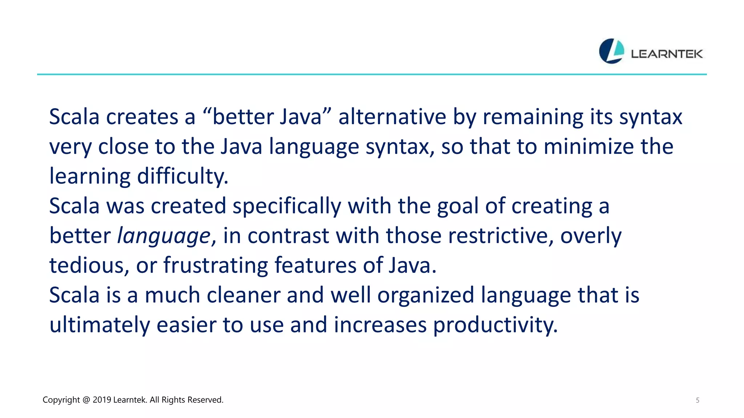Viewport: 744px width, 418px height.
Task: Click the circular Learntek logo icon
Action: coord(611,51)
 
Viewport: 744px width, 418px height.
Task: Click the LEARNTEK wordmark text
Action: coord(667,54)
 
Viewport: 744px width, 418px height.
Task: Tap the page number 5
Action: coord(697,400)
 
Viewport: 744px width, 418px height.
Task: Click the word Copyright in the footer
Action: coord(61,400)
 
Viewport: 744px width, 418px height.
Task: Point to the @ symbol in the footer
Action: coord(86,400)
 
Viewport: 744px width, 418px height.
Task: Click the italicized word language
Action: coord(164,236)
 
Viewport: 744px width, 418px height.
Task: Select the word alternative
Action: coord(392,117)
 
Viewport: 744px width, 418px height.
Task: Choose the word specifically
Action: coord(287,206)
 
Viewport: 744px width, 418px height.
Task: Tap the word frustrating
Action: coord(215,266)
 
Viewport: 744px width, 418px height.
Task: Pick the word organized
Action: coord(426,295)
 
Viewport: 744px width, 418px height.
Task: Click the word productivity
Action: coord(495,325)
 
